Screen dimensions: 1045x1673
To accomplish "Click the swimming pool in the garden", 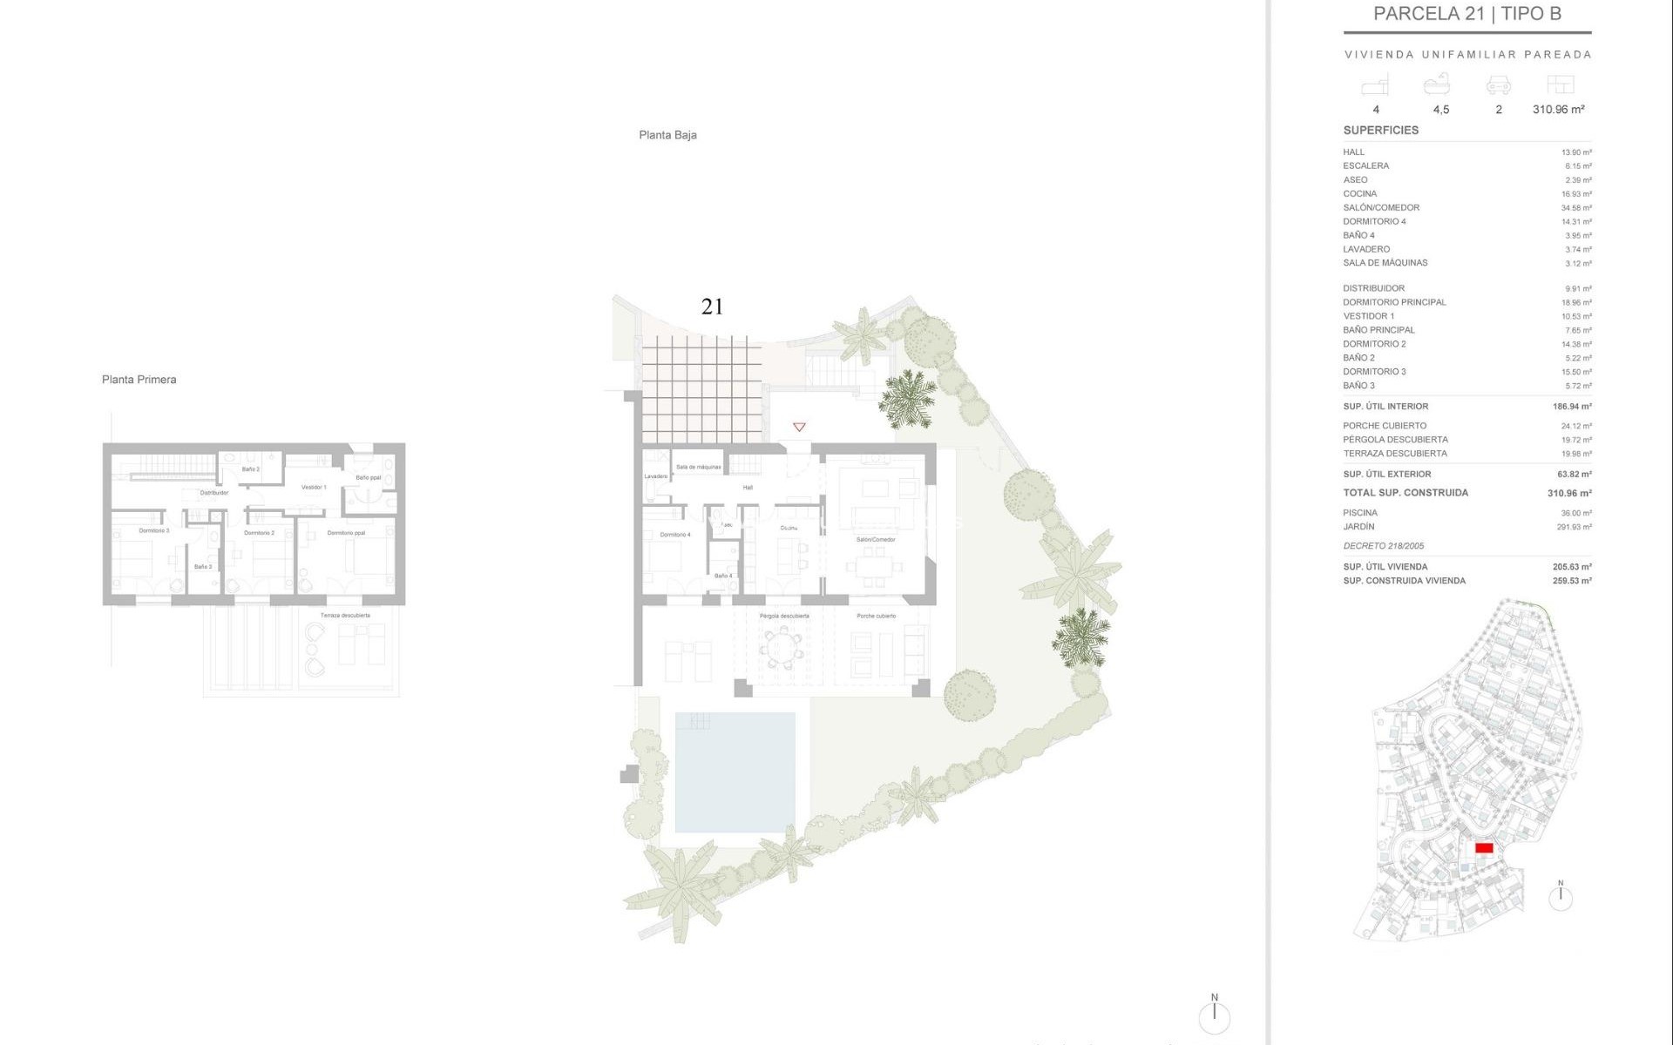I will coord(735,772).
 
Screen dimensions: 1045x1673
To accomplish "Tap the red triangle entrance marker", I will coord(799,427).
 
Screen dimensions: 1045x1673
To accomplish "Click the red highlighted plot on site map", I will coord(1484,848).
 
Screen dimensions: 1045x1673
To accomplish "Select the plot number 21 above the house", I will coord(712,307).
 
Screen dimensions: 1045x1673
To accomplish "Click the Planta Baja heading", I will coord(667,135).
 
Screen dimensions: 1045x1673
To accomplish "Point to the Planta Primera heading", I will coord(139,380).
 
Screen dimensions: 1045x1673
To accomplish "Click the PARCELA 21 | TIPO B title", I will coord(1466,14).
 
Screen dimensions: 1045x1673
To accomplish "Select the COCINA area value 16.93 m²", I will coord(1576,194).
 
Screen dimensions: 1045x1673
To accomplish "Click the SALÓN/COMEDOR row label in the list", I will coord(1381,208).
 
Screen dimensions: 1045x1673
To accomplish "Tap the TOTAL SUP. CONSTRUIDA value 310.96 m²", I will coord(1569,493).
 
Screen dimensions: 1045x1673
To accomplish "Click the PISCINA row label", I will coord(1360,513).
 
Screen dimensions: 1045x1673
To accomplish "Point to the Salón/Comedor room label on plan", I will coord(876,540).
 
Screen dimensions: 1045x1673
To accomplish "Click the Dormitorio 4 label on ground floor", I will coord(675,535).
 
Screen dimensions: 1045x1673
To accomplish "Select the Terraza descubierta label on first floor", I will coord(345,616).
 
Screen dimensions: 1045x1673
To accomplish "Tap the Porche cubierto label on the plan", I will coord(876,617).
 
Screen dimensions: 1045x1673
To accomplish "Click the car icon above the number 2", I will coord(1498,85).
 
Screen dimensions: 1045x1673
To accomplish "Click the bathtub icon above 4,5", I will coord(1437,84).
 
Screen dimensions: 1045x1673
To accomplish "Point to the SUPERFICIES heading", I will coord(1380,131).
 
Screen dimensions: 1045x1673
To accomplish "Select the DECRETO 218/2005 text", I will coord(1383,546).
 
